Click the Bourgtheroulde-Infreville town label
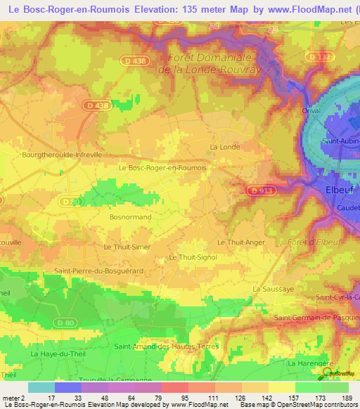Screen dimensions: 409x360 tap(62, 154)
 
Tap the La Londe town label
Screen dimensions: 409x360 tap(225, 146)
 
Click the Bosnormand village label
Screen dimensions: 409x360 tap(130, 217)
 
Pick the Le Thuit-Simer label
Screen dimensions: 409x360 tap(127, 247)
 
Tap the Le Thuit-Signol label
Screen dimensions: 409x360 tap(193, 257)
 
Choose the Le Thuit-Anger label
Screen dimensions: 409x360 tap(240, 242)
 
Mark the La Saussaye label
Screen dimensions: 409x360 tap(271, 289)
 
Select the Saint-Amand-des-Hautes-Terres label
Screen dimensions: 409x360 tap(167, 346)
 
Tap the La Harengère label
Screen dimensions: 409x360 tap(309, 363)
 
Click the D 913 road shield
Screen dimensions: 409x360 tap(260, 189)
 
